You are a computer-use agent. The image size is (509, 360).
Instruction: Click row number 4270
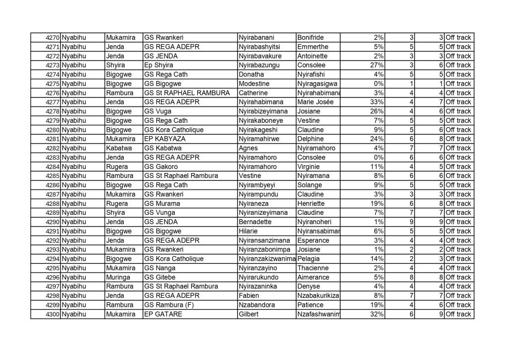(x=52, y=38)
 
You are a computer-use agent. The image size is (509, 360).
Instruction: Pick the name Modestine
(x=254, y=84)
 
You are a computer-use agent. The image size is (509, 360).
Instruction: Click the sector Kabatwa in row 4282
(x=119, y=148)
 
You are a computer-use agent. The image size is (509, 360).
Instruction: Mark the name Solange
(x=309, y=185)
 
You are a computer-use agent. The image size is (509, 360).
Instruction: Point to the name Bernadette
(x=257, y=222)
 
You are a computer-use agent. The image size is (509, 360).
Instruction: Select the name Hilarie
(x=251, y=231)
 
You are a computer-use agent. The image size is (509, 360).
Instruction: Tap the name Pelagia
(x=309, y=259)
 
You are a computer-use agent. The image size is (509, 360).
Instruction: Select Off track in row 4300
(x=458, y=314)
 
